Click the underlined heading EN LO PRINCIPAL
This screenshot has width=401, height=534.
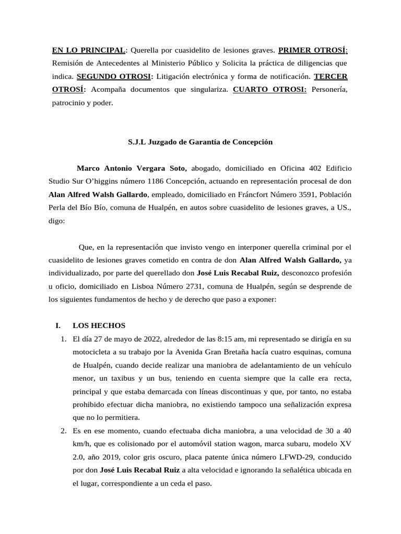(x=88, y=51)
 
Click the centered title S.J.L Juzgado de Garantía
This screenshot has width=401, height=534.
(x=200, y=142)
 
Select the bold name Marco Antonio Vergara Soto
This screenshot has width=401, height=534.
(x=132, y=168)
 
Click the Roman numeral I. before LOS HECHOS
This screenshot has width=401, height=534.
(x=58, y=325)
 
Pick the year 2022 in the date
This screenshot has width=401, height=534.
(x=143, y=339)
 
